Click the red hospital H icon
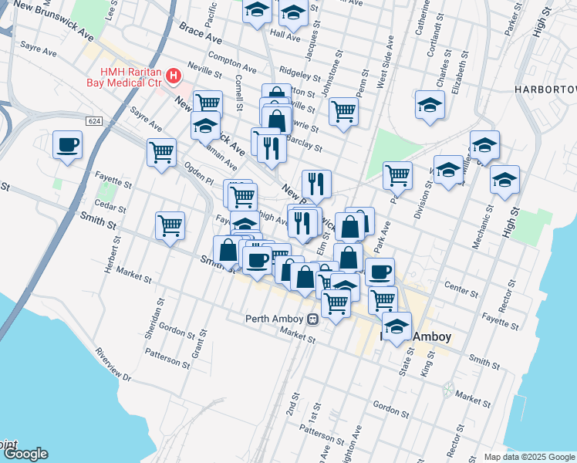(174, 76)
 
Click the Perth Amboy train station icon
(312, 319)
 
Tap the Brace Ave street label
(201, 33)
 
